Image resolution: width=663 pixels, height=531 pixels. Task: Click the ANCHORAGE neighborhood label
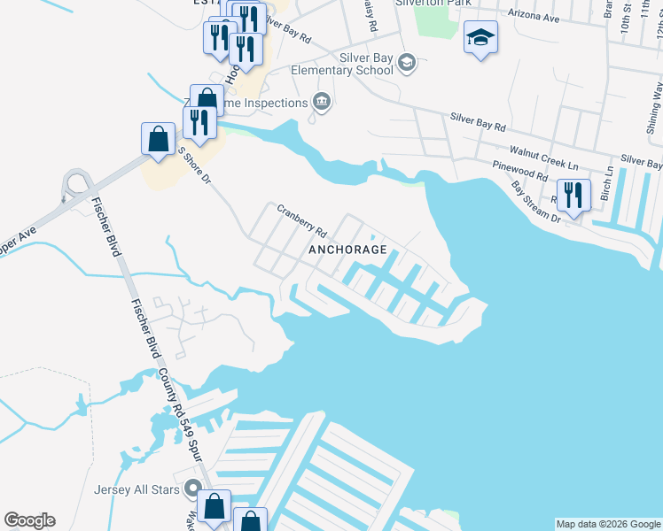[347, 250]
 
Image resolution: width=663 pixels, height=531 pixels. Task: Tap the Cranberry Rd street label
[302, 221]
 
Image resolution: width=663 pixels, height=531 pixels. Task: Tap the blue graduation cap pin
[480, 37]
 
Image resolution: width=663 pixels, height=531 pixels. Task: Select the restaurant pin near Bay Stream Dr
[573, 196]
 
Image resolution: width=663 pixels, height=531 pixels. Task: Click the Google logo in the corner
[29, 520]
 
